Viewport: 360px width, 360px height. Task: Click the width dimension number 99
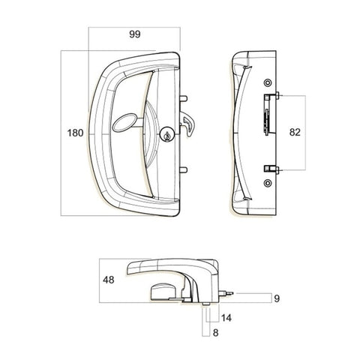pos(135,34)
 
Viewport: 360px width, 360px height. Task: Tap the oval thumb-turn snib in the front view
pos(124,121)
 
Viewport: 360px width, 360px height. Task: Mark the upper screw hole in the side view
pos(268,82)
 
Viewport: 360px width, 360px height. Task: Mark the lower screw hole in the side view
pos(268,182)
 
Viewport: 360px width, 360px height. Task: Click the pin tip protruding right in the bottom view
pos(233,294)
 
